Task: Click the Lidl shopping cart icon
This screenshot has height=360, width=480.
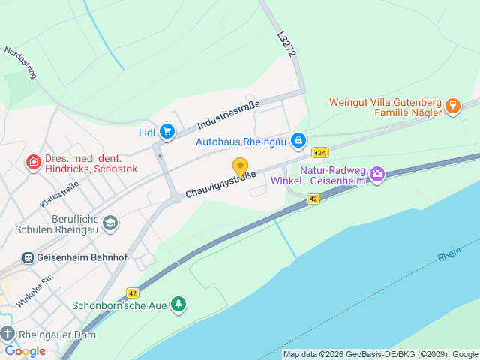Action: [x=167, y=132]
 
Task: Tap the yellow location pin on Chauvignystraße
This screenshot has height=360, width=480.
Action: [x=240, y=167]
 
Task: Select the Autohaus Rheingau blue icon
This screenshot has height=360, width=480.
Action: [x=298, y=140]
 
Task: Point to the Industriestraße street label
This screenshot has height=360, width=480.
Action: [x=229, y=115]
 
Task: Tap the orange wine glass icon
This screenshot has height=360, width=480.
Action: [x=452, y=106]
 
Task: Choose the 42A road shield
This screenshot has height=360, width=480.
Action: [x=321, y=152]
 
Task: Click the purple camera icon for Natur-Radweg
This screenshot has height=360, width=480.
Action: [x=376, y=175]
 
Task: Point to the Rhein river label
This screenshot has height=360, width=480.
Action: [x=450, y=255]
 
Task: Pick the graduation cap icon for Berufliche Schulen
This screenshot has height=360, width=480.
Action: [x=110, y=223]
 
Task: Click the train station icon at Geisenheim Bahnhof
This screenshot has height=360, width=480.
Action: [x=28, y=257]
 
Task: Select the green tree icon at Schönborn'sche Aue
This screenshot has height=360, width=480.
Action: [x=178, y=304]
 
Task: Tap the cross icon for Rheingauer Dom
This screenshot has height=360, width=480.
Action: [x=7, y=334]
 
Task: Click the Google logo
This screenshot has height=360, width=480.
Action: [x=25, y=350]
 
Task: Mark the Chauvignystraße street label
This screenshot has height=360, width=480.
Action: [x=220, y=184]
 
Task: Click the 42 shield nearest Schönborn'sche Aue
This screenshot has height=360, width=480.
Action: [x=133, y=293]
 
